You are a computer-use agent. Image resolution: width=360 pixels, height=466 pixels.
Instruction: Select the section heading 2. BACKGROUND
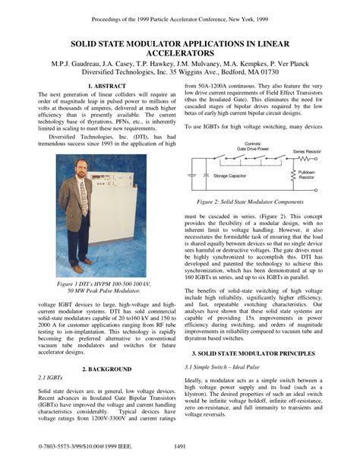93,369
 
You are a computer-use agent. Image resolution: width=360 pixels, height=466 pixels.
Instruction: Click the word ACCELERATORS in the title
180,54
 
